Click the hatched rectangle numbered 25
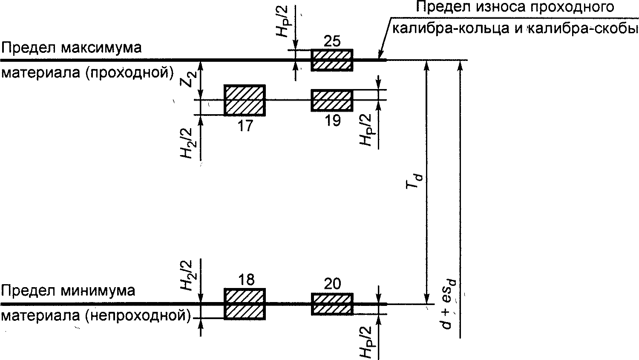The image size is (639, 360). coord(332,60)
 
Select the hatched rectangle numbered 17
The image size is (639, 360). coord(245,100)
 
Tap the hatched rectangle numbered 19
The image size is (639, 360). coord(332,100)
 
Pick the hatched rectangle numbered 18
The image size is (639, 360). coord(245,304)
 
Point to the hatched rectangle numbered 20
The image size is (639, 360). coord(332,304)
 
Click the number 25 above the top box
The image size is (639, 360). coord(332,42)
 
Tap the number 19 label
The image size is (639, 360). coord(332,121)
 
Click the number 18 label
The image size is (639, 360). coord(246,279)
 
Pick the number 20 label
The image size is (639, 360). coord(332,284)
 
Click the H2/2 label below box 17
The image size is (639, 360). coord(186,144)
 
